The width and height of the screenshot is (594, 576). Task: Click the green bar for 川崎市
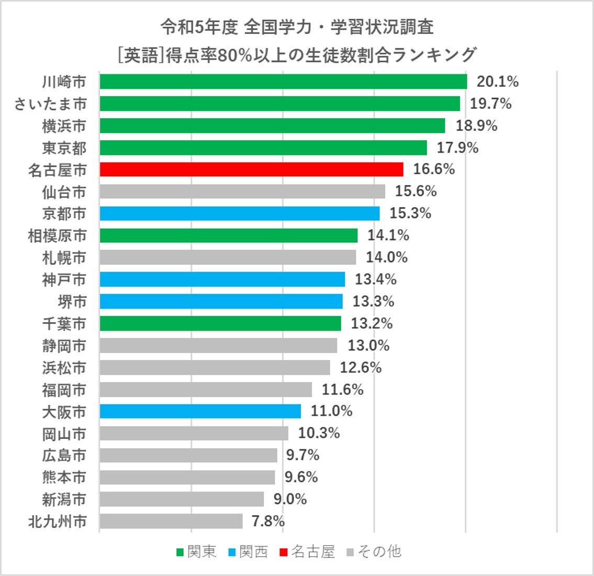[x=283, y=82]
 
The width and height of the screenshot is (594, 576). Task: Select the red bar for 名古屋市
[x=251, y=170]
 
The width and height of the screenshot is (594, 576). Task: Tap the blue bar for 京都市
[x=239, y=213]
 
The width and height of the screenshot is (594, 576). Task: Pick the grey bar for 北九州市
[x=171, y=522]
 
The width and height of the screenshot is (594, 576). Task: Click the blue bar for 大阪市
[x=200, y=411]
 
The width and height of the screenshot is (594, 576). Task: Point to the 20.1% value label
[x=497, y=82]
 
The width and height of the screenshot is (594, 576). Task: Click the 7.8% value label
[x=268, y=522]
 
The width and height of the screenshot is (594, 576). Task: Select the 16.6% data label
[x=434, y=170]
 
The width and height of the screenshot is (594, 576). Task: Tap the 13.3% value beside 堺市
[x=373, y=301]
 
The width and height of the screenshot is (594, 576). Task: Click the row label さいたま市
[x=50, y=104]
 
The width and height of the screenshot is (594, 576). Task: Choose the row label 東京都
[x=64, y=148]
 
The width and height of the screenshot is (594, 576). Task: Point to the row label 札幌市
[x=64, y=258]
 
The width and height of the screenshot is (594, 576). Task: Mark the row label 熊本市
[x=64, y=478]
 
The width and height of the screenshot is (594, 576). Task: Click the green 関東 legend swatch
[x=180, y=552]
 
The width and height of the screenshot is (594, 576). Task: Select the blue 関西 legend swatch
[x=232, y=552]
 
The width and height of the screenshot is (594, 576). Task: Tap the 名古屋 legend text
[x=313, y=552]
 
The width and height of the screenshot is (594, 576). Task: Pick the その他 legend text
[x=379, y=552]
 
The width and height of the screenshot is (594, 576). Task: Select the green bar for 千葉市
[x=220, y=323]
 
